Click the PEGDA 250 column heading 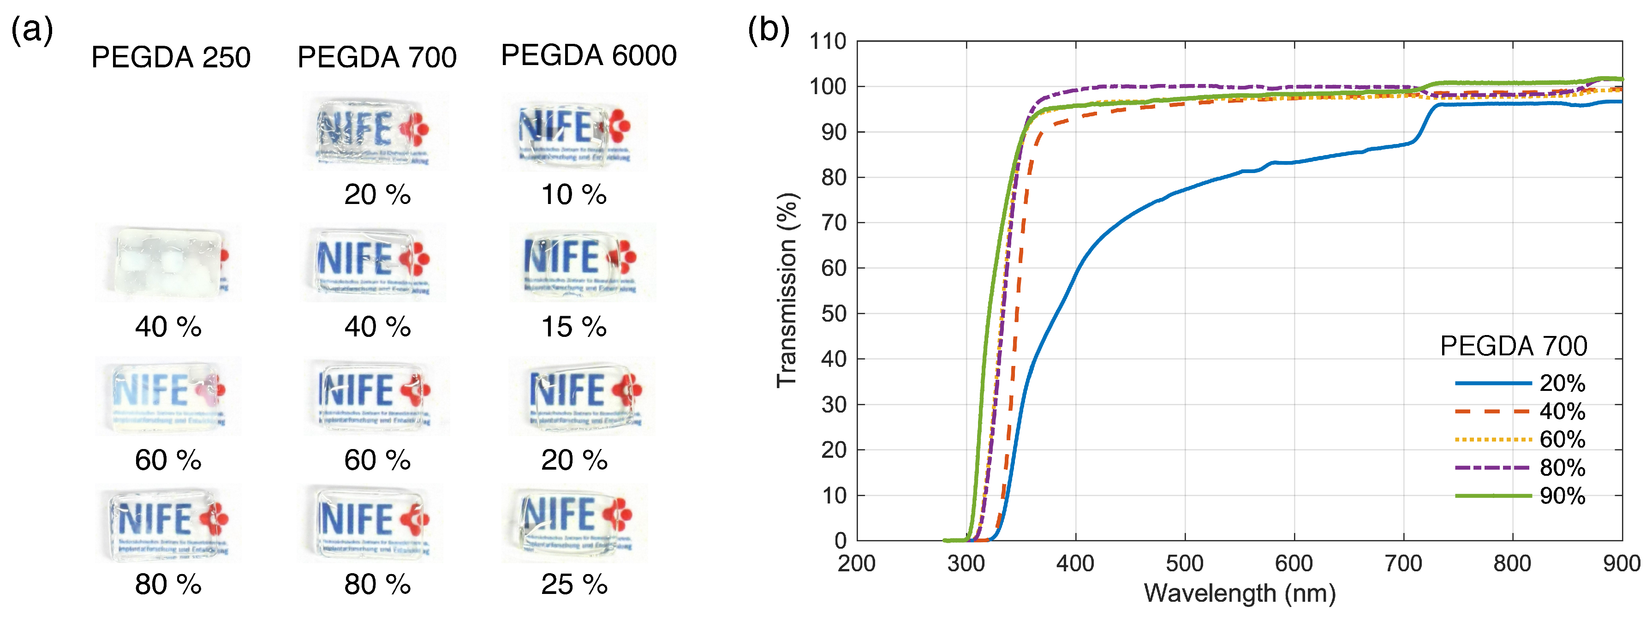pyautogui.click(x=171, y=58)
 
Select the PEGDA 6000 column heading pyautogui.click(x=588, y=55)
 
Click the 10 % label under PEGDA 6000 pyautogui.click(x=573, y=194)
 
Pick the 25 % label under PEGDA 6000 pyautogui.click(x=573, y=584)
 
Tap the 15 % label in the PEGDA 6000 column pyautogui.click(x=573, y=327)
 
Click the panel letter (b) pyautogui.click(x=768, y=30)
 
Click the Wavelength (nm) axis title pyautogui.click(x=1239, y=593)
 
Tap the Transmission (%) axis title pyautogui.click(x=787, y=290)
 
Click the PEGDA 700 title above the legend pyautogui.click(x=1514, y=346)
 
